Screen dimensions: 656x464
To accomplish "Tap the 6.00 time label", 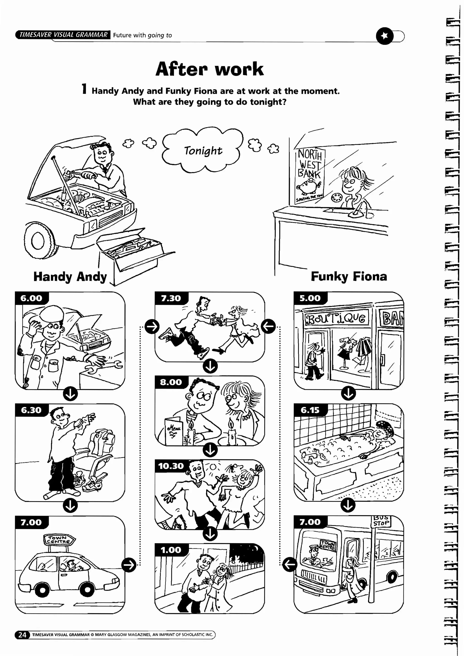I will [31, 298].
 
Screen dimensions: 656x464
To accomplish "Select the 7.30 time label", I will [171, 298].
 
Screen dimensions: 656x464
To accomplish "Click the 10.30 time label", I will [171, 466].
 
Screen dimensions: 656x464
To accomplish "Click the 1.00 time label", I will [171, 550].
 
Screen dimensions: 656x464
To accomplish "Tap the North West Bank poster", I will [310, 176].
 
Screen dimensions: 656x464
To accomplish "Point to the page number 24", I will [22, 635].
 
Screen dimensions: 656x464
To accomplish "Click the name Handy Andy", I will [70, 277].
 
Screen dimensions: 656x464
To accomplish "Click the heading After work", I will [209, 69].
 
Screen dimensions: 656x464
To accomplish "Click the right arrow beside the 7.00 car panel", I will [129, 565].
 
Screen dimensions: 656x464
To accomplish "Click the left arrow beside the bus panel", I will [290, 565].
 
